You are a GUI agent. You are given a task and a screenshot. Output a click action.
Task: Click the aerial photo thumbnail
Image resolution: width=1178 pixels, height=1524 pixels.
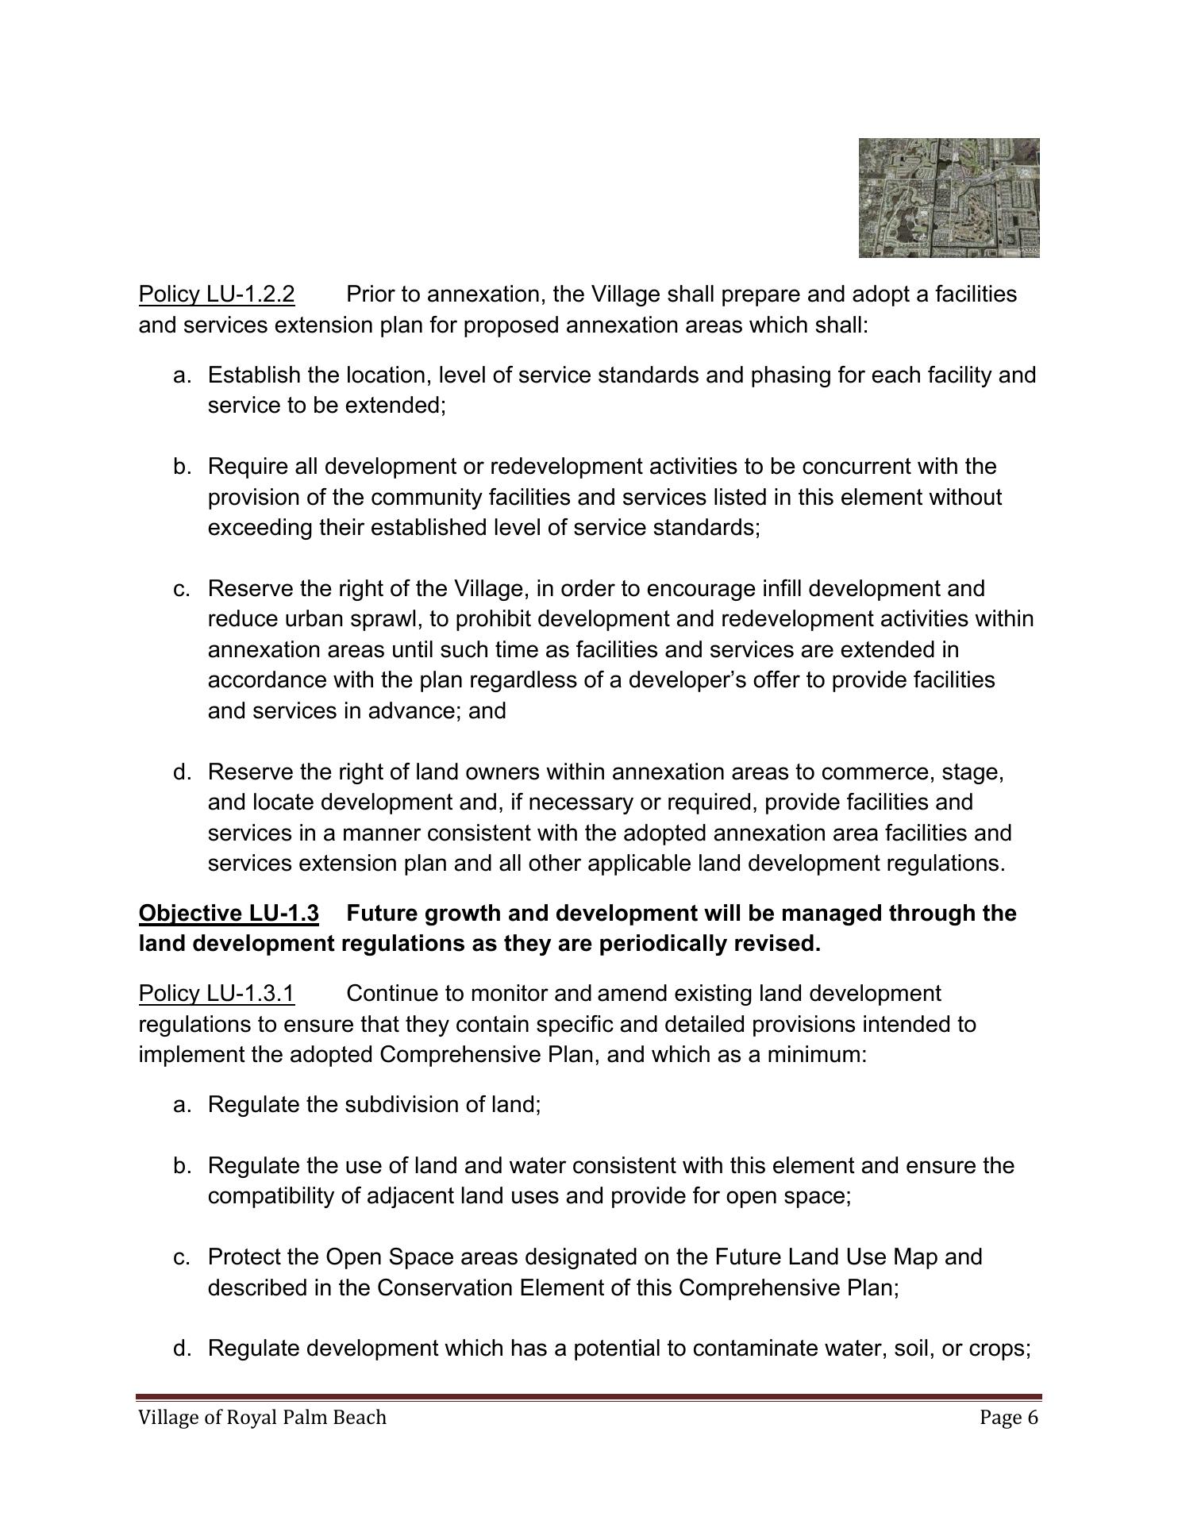coord(949,198)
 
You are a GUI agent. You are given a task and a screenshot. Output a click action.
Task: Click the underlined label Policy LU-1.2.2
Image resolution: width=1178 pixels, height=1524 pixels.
coord(217,294)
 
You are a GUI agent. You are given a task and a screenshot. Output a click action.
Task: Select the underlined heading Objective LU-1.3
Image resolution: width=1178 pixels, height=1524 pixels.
coord(229,914)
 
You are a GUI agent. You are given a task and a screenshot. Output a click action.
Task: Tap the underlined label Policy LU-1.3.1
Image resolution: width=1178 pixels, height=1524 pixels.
coord(217,994)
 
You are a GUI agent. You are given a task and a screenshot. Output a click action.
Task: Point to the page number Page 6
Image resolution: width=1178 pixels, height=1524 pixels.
coord(1008,1418)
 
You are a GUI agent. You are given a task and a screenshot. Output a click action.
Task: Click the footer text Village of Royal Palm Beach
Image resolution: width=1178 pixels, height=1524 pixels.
coord(262,1418)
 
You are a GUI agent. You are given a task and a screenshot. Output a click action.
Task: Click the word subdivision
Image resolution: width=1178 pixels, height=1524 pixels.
coord(410,1105)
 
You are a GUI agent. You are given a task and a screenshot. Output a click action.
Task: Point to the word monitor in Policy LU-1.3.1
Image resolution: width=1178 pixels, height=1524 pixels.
coord(510,994)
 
